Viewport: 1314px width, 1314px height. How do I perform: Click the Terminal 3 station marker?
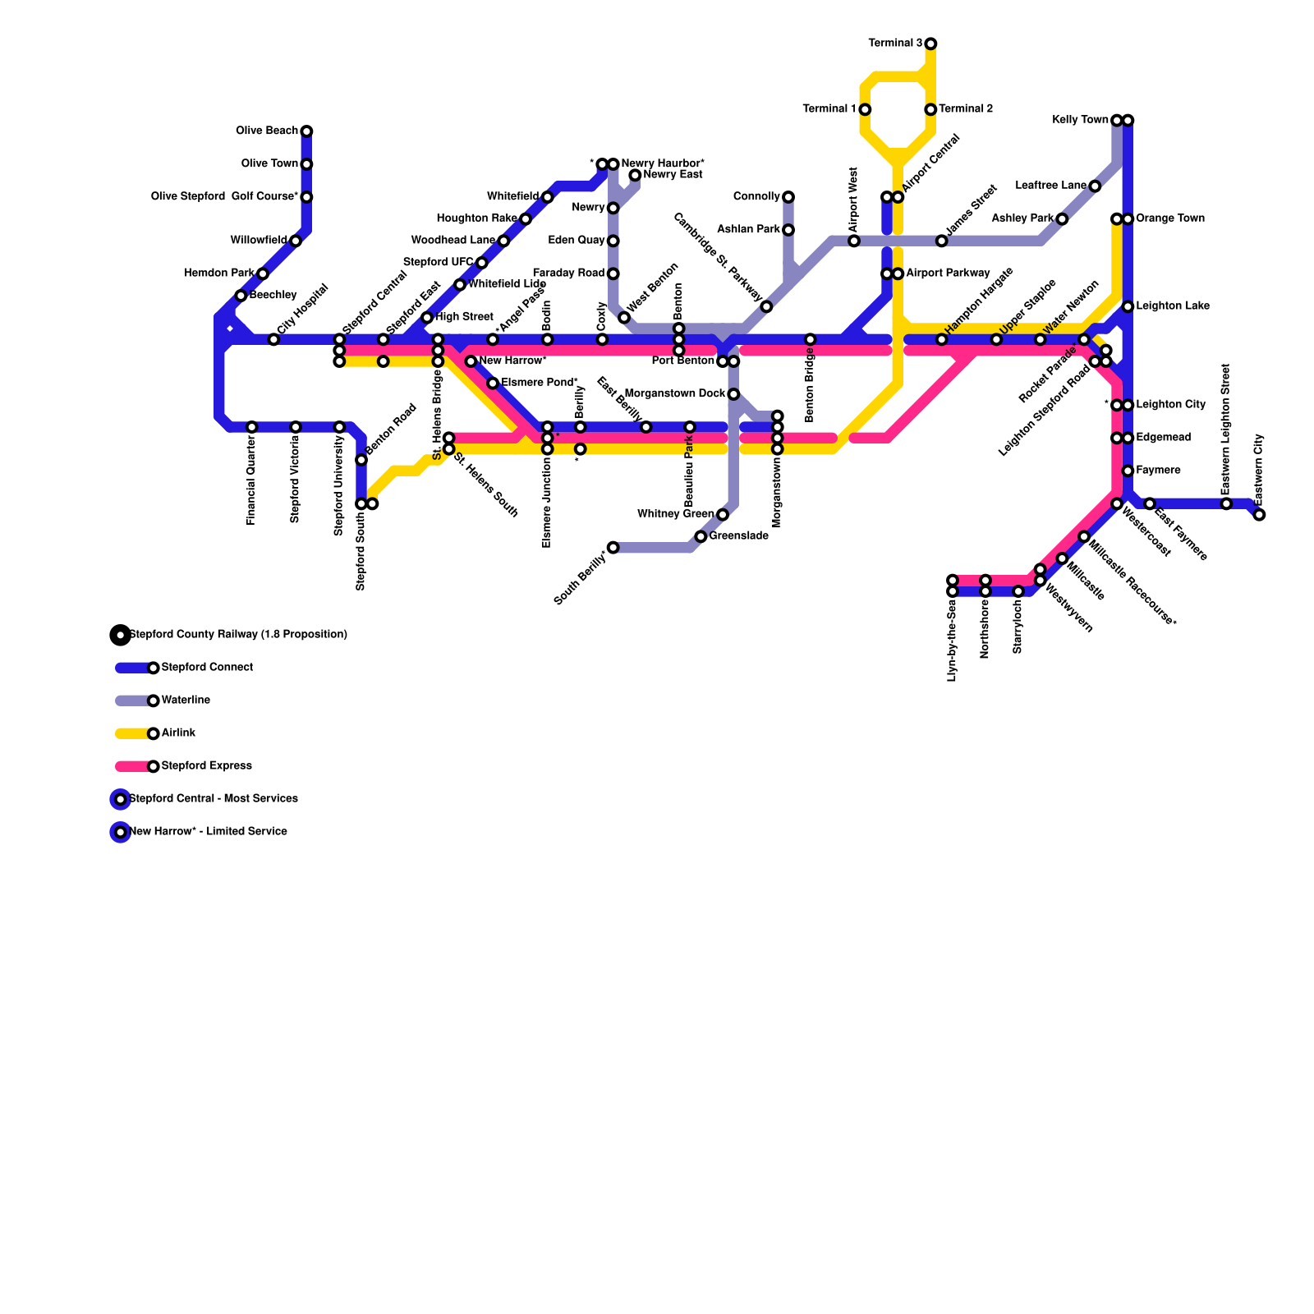pos(930,44)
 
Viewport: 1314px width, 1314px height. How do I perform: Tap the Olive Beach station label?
pos(267,131)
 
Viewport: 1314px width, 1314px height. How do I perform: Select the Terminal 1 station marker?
pos(865,109)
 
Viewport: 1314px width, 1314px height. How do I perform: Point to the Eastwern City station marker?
pos(1259,515)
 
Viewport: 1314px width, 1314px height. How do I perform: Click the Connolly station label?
pos(756,196)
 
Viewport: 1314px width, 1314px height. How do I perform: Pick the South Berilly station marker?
pos(613,547)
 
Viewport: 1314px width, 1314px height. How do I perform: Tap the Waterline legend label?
pos(186,700)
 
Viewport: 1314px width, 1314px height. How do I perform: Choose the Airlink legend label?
pos(178,733)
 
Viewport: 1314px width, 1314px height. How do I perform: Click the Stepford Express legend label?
pos(206,765)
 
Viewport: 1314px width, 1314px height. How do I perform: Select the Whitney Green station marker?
pos(722,515)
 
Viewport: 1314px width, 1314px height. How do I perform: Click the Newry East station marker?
pos(635,175)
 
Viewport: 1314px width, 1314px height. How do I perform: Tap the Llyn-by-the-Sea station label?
pos(952,641)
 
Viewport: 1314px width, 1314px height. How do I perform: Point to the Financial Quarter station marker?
pos(252,427)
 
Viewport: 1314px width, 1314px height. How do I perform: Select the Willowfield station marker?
pos(296,241)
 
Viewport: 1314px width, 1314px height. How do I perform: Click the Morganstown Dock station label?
pos(674,393)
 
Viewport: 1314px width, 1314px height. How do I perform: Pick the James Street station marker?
pos(941,241)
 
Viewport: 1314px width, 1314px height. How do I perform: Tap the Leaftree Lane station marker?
pos(1095,186)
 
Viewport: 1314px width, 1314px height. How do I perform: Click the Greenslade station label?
pos(738,536)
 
